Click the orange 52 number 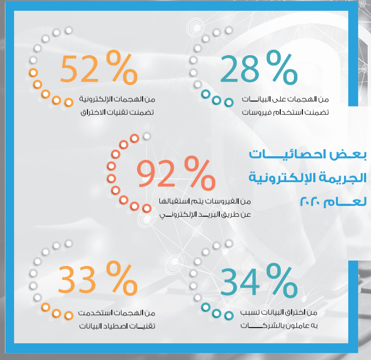79,69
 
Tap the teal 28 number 239,69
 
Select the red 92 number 156,173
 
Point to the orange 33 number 77,279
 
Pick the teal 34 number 240,281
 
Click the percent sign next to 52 122,67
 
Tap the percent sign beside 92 200,174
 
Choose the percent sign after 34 282,281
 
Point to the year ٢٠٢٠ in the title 310,202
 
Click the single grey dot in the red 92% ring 147,136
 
